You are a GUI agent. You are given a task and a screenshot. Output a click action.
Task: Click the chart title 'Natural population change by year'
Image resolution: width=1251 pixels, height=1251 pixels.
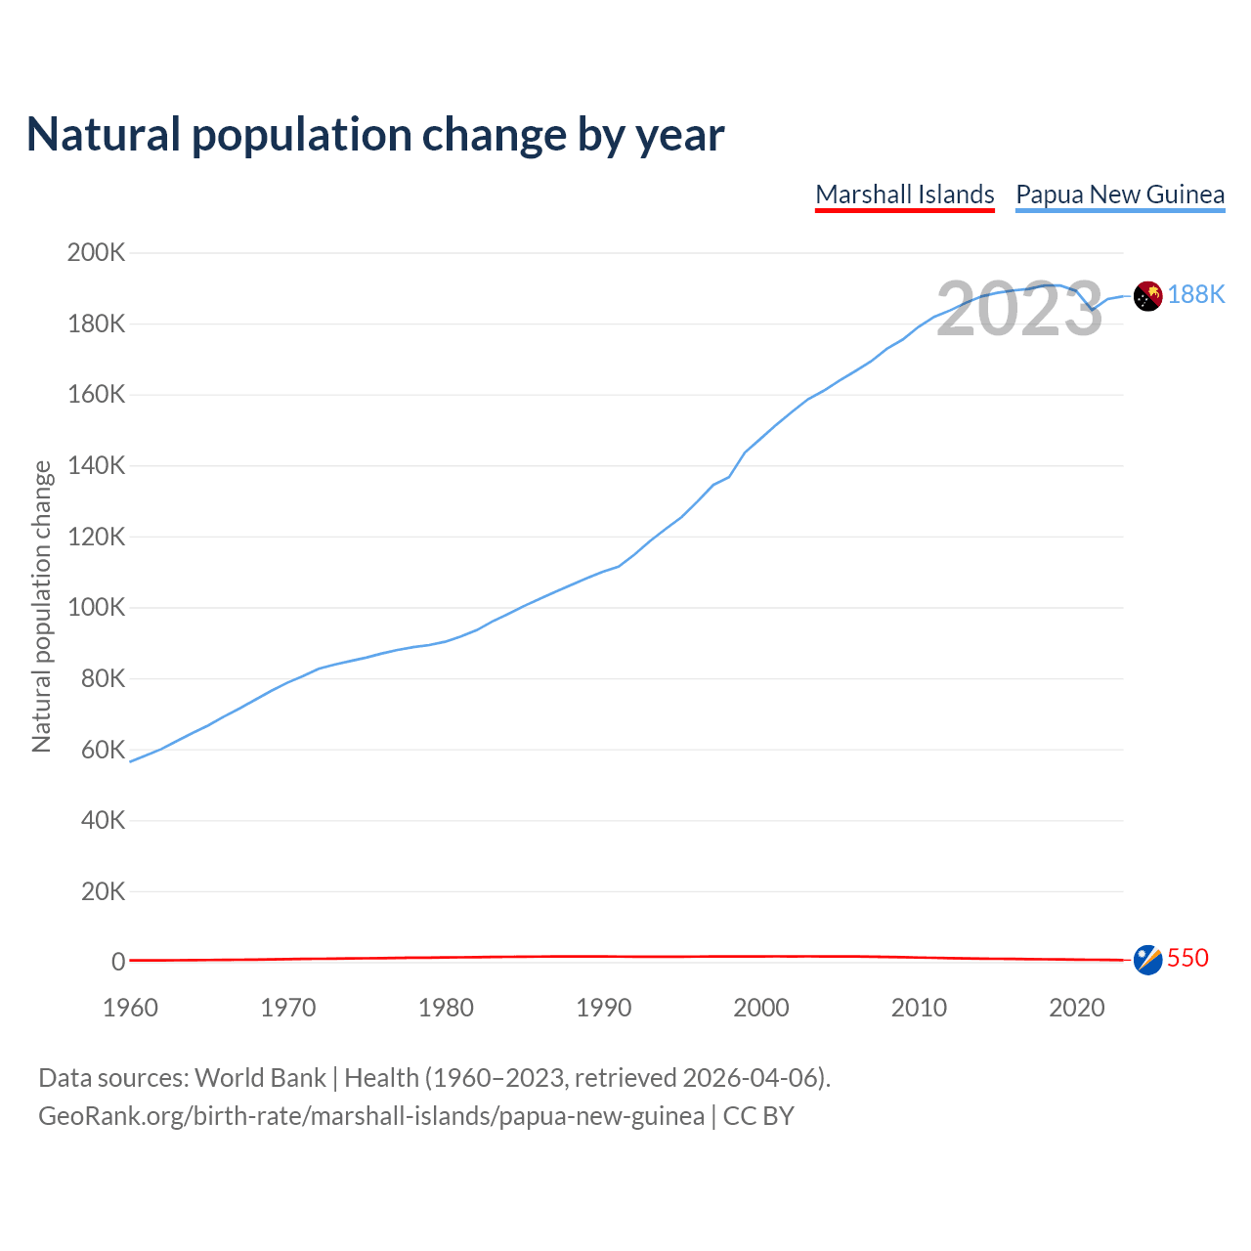pyautogui.click(x=375, y=135)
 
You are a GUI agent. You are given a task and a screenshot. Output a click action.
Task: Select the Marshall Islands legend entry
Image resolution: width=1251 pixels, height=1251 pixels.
pyautogui.click(x=905, y=194)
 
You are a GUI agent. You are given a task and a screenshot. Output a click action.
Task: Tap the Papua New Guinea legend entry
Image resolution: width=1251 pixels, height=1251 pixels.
pyautogui.click(x=1120, y=194)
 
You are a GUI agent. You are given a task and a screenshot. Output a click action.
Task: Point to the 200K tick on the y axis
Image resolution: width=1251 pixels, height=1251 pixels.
pyautogui.click(x=97, y=253)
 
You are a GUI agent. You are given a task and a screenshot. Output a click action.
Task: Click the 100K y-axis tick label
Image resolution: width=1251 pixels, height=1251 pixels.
pyautogui.click(x=97, y=608)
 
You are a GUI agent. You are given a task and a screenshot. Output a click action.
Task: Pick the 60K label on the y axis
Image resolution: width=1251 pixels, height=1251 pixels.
pyautogui.click(x=103, y=750)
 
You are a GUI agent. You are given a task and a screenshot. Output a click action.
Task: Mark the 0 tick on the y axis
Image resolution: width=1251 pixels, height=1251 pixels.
pyautogui.click(x=118, y=962)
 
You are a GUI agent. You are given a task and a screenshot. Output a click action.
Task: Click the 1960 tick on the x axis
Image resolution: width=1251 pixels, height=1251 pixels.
pyautogui.click(x=130, y=1008)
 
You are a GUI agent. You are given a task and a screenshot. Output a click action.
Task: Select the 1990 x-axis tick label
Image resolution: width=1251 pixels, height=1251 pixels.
pyautogui.click(x=604, y=1008)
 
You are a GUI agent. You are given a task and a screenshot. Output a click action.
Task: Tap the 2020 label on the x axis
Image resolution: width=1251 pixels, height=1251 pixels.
pyautogui.click(x=1077, y=1008)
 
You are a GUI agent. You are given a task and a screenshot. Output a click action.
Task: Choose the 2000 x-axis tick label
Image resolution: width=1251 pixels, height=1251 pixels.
pyautogui.click(x=761, y=1008)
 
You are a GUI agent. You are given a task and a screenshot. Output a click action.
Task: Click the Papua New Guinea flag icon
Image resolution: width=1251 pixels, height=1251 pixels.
pyautogui.click(x=1147, y=295)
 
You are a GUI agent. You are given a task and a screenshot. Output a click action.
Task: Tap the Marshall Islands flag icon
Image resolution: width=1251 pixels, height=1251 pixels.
pyautogui.click(x=1147, y=960)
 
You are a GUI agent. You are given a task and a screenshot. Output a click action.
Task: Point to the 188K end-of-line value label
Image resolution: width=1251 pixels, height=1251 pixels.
pyautogui.click(x=1196, y=295)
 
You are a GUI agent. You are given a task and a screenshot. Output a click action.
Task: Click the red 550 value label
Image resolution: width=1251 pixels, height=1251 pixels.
pyautogui.click(x=1188, y=958)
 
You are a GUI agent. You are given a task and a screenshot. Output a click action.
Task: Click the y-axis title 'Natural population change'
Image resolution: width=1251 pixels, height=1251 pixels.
pyautogui.click(x=41, y=607)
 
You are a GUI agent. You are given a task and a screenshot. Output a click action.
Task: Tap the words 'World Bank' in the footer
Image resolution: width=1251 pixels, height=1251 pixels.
pyautogui.click(x=260, y=1078)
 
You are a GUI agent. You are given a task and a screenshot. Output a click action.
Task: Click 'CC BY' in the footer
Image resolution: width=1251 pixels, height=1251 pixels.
pyautogui.click(x=758, y=1116)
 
